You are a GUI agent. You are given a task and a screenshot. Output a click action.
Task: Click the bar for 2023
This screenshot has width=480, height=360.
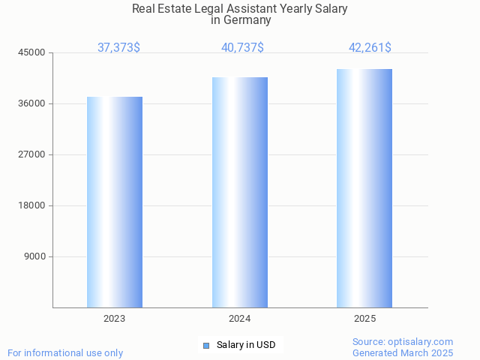tap(115, 202)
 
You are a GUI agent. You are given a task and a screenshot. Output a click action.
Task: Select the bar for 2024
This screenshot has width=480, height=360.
tap(240, 192)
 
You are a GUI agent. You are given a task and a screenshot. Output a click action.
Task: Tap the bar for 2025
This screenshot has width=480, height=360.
tap(364, 188)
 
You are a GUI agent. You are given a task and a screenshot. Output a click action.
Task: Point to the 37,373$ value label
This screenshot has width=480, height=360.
tap(118, 48)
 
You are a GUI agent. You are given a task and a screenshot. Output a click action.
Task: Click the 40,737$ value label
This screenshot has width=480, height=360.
tap(242, 48)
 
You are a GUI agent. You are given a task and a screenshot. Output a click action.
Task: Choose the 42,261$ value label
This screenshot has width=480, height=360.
tap(370, 48)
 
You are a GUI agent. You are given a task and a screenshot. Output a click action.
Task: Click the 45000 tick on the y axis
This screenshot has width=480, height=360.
tap(32, 52)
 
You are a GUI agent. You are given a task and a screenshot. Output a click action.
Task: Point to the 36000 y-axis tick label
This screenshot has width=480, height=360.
tap(32, 103)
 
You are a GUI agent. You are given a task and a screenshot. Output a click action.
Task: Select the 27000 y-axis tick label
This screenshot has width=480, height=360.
tap(32, 154)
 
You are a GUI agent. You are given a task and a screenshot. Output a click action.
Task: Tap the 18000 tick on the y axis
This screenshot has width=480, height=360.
tap(32, 205)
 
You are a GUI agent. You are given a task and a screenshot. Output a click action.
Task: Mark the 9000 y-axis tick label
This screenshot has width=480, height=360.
tap(34, 256)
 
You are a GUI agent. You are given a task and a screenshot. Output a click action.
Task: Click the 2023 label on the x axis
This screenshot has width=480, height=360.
tap(115, 319)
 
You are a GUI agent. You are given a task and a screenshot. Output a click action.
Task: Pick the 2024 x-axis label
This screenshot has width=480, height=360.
tap(240, 319)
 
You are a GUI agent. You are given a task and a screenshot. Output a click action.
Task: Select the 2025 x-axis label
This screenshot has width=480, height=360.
tap(364, 319)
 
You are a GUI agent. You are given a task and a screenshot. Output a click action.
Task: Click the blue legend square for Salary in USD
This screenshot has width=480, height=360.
tap(206, 345)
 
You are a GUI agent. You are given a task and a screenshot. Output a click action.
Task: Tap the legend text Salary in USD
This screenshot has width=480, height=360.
tap(246, 345)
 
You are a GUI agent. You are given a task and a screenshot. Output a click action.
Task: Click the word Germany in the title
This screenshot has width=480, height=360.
tap(247, 21)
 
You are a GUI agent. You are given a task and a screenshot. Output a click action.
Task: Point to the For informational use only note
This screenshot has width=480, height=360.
tap(65, 352)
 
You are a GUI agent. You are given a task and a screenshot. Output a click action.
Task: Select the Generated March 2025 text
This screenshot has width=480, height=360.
tap(403, 352)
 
